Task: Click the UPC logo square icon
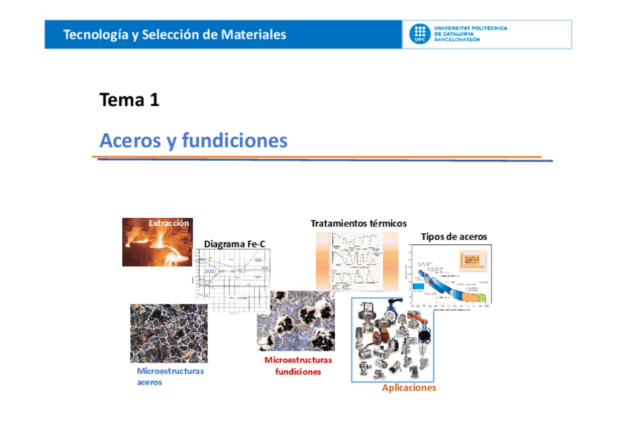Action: [419, 34]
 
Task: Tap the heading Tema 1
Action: [129, 100]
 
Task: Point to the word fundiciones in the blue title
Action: [235, 140]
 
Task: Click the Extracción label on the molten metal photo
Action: [169, 223]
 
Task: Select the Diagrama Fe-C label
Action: [234, 243]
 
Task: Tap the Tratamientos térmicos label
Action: [358, 223]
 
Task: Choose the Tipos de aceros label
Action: [453, 236]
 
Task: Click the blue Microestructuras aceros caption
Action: [170, 377]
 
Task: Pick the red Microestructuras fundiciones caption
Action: [298, 366]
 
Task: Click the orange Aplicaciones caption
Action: [409, 388]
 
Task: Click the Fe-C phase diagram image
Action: [230, 282]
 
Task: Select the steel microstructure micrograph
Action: [168, 333]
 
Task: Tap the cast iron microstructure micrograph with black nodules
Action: [295, 322]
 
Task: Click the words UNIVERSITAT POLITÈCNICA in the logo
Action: [470, 28]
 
